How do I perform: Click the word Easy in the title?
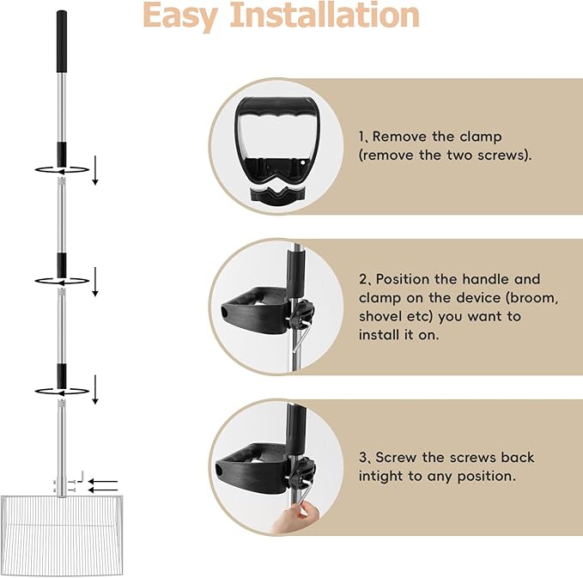180,16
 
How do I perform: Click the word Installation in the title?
325,15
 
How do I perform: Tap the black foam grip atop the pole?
62,41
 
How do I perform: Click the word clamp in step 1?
481,137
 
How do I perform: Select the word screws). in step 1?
505,155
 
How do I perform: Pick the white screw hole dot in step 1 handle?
302,162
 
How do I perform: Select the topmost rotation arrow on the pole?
62,170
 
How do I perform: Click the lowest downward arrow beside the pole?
95,389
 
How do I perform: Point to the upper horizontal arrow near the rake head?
103,481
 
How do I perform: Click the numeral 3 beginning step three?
363,458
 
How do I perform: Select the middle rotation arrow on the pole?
62,281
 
